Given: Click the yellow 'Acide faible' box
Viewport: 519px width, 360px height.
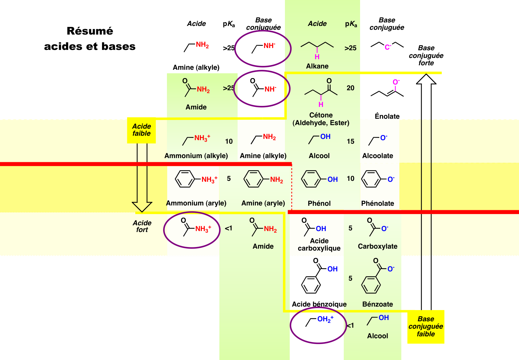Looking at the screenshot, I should [x=141, y=130].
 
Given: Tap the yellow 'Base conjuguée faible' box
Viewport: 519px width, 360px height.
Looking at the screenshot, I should [x=426, y=326].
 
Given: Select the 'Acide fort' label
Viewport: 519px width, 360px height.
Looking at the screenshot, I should [x=142, y=226].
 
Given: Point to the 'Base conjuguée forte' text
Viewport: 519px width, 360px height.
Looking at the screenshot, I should [x=426, y=55].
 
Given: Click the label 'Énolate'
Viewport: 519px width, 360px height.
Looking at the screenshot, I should [x=387, y=116].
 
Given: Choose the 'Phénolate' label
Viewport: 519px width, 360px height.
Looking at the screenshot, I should [x=377, y=203].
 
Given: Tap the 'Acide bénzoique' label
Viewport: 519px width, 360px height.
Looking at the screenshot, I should [x=319, y=304].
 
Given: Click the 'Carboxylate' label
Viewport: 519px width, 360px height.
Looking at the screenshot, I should [x=377, y=246].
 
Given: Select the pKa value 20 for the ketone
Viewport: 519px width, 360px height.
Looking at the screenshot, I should [x=350, y=88].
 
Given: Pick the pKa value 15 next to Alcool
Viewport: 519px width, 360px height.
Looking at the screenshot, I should [x=350, y=141].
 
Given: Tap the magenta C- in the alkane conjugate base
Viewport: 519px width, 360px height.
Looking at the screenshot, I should [x=388, y=47].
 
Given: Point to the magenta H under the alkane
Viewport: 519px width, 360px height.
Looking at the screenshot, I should [x=317, y=57].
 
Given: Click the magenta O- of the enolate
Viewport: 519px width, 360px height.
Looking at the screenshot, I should [x=396, y=82].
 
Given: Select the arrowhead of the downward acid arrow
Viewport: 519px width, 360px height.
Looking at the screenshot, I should [x=142, y=206].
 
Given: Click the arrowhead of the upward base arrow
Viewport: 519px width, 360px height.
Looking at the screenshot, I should [x=426, y=79].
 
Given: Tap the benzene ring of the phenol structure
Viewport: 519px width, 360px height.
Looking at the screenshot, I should [x=311, y=179].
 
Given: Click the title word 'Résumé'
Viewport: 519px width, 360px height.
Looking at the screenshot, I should [x=90, y=31].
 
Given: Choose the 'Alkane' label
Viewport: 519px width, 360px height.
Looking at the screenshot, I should [x=317, y=66].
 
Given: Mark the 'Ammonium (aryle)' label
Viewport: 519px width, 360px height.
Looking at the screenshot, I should [x=196, y=203].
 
